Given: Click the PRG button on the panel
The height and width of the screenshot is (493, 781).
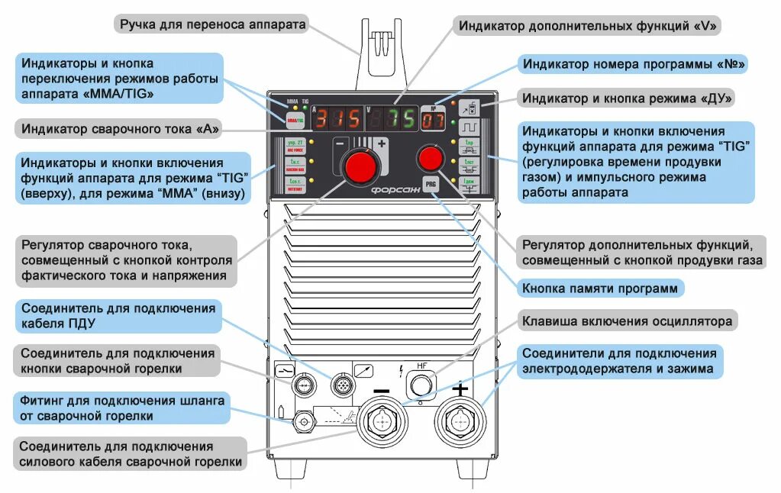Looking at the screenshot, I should (x=431, y=185).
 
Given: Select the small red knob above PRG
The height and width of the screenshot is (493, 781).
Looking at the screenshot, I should (x=431, y=158).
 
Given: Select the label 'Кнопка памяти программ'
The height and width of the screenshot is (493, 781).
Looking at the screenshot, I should (x=599, y=288).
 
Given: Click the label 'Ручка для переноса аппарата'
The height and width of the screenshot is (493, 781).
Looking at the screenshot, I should (x=212, y=24).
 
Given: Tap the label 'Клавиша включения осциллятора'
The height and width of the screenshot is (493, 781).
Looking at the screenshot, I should (x=627, y=321).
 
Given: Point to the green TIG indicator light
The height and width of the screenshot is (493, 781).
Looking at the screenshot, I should (x=304, y=108).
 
